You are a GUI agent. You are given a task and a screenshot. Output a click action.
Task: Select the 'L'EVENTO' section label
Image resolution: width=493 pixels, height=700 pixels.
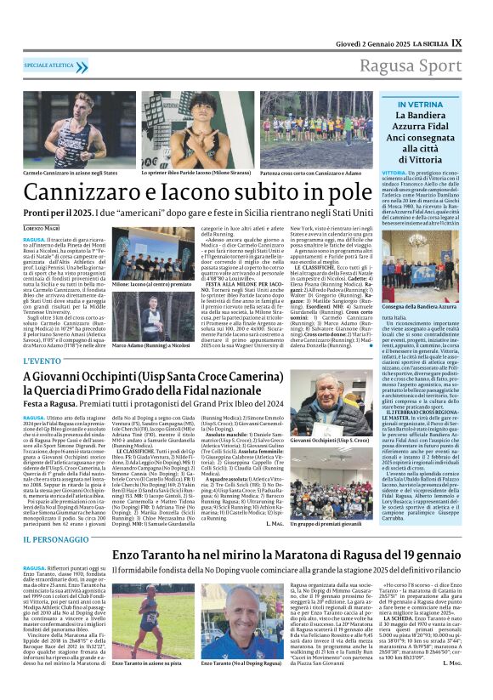[42, 361]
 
